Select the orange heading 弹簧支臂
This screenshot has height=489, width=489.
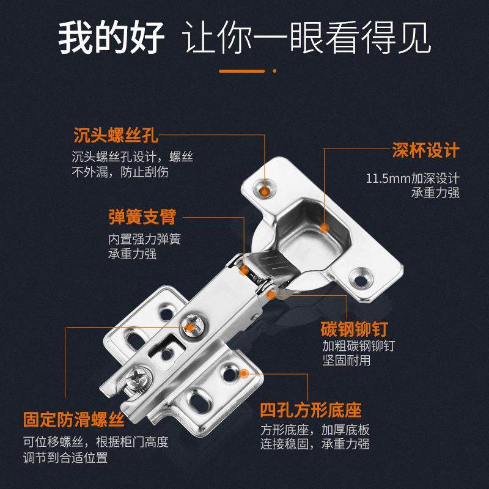point(142,216)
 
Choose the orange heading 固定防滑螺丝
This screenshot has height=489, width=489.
point(74,421)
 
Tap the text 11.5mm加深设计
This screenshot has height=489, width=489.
point(413,178)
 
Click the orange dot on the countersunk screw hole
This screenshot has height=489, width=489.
point(265,191)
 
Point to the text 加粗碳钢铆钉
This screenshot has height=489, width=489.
point(359,346)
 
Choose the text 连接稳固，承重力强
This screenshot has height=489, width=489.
point(315,444)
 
